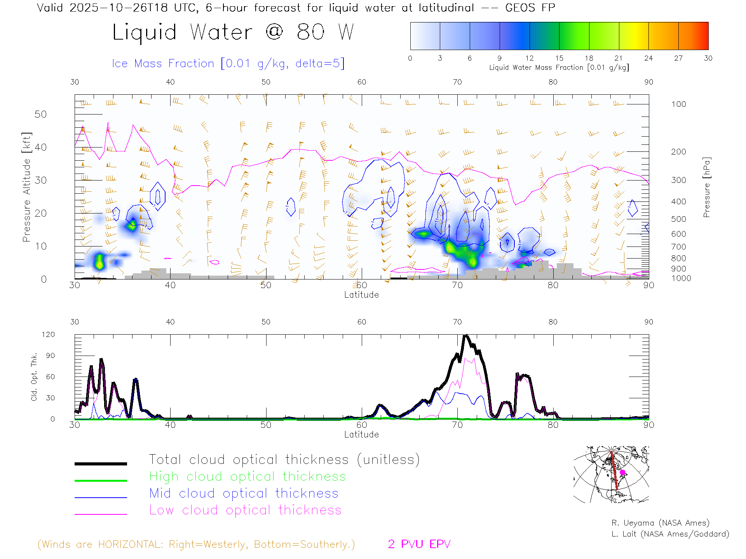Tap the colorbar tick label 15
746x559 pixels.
(559, 58)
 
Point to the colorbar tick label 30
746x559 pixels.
(708, 58)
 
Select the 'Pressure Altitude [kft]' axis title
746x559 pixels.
(26, 187)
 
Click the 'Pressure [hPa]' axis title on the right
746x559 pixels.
(707, 187)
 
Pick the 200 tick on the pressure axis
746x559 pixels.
(678, 152)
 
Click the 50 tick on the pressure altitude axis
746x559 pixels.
(40, 114)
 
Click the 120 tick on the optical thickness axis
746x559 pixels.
(48, 335)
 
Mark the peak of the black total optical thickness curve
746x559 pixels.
(466, 335)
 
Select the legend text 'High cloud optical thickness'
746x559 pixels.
(248, 476)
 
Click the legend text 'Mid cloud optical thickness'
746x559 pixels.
(244, 493)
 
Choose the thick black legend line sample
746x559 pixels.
(101, 464)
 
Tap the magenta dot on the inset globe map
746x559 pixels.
(622, 472)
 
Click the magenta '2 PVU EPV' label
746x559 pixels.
(419, 544)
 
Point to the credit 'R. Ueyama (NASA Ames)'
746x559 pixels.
(660, 523)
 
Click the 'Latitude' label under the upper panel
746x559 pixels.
(361, 295)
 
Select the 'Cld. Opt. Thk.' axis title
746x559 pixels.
(34, 377)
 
